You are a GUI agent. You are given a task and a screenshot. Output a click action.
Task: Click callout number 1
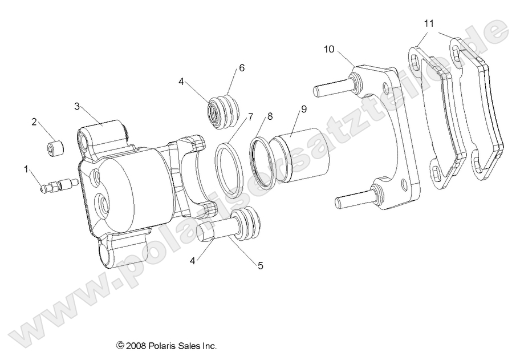(26, 168)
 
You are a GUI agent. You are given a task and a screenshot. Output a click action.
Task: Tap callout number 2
(34, 122)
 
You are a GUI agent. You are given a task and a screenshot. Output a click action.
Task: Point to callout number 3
(78, 106)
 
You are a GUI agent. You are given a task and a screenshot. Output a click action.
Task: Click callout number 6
(242, 68)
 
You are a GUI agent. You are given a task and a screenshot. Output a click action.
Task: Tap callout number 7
(250, 118)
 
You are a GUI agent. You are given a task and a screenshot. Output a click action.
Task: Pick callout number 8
(270, 116)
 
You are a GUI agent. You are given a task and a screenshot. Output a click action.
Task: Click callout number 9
(304, 108)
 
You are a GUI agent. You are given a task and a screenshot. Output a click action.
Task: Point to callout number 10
(330, 48)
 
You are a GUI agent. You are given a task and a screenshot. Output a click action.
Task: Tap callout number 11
(429, 23)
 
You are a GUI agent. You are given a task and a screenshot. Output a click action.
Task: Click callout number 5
(260, 265)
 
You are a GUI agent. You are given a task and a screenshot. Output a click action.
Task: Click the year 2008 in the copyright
(136, 346)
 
